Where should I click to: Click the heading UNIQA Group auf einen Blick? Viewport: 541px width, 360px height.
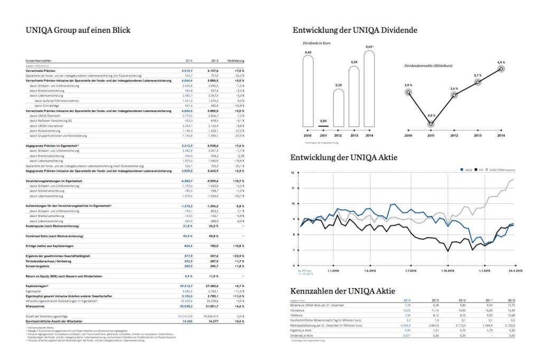tap(78, 30)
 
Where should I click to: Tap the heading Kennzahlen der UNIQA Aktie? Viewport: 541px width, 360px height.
tap(343, 291)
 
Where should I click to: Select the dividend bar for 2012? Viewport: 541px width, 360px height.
tap(339, 108)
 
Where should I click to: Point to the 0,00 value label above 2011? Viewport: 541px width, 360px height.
tap(323, 121)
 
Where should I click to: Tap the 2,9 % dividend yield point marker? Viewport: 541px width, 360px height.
tap(408, 92)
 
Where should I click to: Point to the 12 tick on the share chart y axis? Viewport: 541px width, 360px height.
tap(293, 173)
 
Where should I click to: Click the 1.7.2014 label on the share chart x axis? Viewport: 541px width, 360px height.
tap(411, 271)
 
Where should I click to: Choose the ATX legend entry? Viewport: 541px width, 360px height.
tap(480, 169)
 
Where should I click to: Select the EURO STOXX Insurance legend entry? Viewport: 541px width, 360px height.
tap(501, 169)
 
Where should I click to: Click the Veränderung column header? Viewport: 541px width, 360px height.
tap(235, 61)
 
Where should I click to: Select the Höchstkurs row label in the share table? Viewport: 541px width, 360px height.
tap(298, 311)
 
